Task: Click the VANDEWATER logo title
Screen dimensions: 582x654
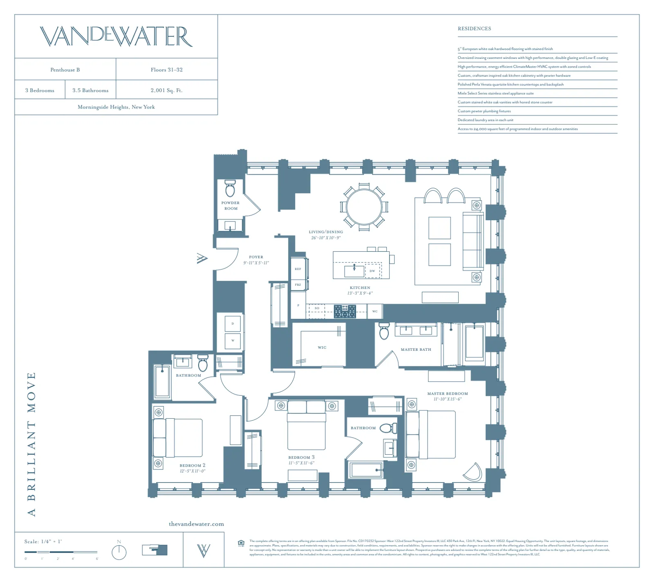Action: click(116, 36)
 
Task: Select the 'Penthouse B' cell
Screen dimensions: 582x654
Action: click(65, 70)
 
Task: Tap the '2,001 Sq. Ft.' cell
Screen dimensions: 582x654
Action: click(166, 90)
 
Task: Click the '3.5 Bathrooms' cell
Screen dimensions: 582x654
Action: click(90, 90)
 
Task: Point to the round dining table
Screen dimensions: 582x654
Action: click(364, 206)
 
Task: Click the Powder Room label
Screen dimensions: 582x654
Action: click(231, 205)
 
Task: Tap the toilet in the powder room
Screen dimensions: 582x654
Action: click(230, 189)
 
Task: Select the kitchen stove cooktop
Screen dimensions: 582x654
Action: click(345, 311)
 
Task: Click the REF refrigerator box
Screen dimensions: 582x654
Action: click(298, 269)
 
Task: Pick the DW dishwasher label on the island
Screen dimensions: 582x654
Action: click(372, 271)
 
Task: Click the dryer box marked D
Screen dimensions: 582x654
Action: click(233, 324)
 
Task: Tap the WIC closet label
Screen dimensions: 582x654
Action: click(322, 347)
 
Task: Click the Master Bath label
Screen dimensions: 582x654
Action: click(416, 350)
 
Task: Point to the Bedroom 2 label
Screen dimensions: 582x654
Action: click(193, 465)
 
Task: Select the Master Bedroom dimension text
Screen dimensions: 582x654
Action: click(448, 399)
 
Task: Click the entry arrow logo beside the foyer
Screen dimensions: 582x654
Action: click(202, 258)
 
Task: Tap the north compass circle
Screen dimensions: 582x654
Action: click(119, 553)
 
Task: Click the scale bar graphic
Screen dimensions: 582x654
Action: click(61, 552)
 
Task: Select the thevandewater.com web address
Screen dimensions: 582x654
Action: click(196, 524)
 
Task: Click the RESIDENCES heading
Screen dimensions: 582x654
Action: click(474, 29)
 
